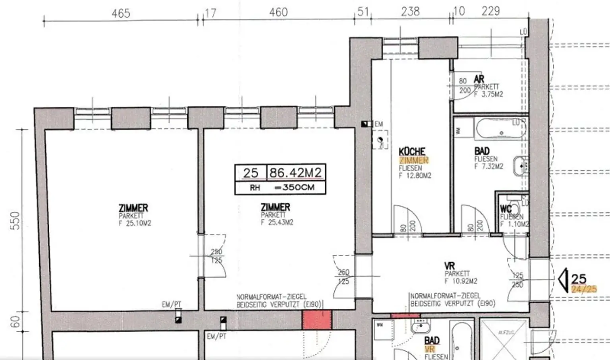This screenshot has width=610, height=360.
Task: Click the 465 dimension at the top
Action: coord(121,13)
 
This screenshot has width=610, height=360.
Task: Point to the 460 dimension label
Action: coord(278,12)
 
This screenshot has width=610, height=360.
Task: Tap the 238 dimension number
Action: coord(410,12)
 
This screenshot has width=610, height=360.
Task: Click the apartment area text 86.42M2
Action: coord(295,173)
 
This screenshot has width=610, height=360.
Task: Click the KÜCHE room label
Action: coord(412,151)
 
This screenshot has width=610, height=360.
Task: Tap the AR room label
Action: coord(479,79)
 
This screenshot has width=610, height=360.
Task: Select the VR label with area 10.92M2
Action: coord(450,265)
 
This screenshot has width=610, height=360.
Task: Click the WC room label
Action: coord(506,209)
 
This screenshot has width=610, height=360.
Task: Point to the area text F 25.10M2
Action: coord(135,223)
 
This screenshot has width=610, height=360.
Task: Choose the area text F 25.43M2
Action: coord(277,223)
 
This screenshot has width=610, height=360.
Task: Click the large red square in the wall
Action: coord(317,319)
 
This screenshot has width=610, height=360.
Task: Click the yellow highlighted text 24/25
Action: coord(584,289)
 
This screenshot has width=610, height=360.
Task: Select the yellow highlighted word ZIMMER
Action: coord(414,160)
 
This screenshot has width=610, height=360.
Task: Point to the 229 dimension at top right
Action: coord(490,11)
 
